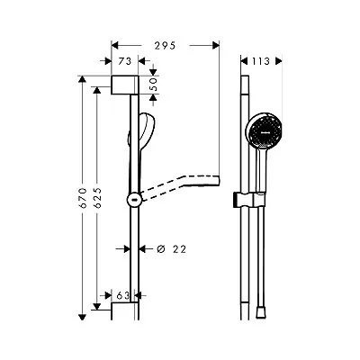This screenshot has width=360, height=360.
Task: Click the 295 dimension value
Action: [x=165, y=46]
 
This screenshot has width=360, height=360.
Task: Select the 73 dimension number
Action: [x=124, y=61]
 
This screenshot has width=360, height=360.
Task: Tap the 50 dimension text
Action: [x=153, y=85]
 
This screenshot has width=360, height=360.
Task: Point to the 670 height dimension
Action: [x=83, y=198]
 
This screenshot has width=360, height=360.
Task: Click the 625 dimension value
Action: [x=97, y=198]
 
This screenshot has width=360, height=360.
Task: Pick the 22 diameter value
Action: [x=179, y=249]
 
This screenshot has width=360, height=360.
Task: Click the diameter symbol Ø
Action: [x=161, y=249]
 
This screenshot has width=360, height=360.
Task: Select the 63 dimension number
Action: [x=122, y=296]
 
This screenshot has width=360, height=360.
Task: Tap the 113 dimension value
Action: [x=260, y=61]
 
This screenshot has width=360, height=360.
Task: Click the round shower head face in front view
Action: [x=264, y=130]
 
